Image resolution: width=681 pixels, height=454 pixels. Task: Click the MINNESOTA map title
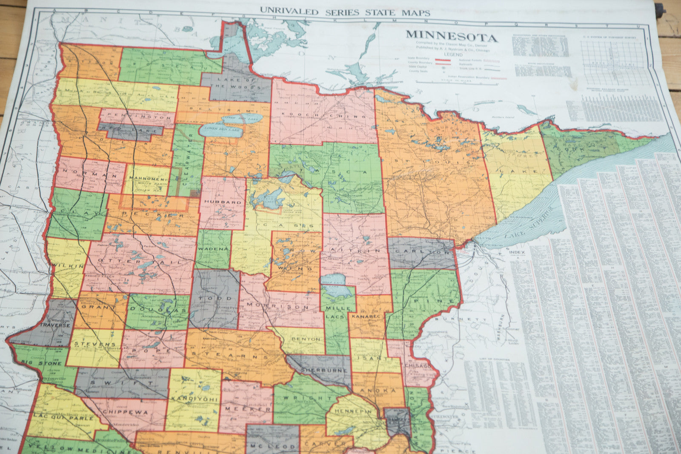pos(451,36)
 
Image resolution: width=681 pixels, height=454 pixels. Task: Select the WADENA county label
pos(214,248)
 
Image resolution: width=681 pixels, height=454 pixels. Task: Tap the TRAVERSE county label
pos(55,325)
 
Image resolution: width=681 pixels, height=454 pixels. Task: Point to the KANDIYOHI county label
pos(195,399)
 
